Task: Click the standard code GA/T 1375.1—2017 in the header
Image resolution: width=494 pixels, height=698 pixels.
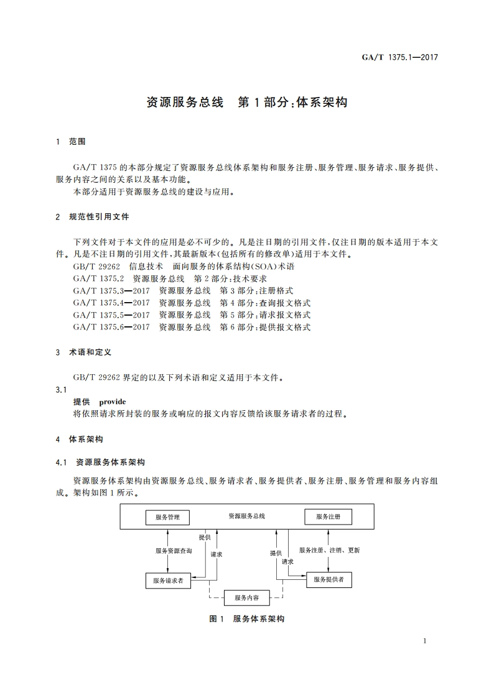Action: tap(400, 57)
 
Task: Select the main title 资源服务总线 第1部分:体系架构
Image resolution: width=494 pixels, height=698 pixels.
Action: tap(246, 103)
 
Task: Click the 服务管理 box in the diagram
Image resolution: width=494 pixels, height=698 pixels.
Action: tap(167, 517)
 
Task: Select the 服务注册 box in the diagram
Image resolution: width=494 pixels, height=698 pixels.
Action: tap(328, 517)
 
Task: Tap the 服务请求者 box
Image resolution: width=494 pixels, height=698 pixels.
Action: tap(168, 581)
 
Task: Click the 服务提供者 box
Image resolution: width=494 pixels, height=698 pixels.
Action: tap(329, 579)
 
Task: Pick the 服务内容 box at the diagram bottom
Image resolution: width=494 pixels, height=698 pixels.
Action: tap(246, 598)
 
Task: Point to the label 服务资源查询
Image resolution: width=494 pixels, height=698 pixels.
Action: tap(174, 551)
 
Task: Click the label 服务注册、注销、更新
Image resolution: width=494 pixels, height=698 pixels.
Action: tap(329, 550)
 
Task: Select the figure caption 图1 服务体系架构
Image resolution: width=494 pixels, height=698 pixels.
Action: tap(246, 619)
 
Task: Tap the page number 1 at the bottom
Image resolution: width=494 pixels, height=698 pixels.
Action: tap(424, 641)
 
